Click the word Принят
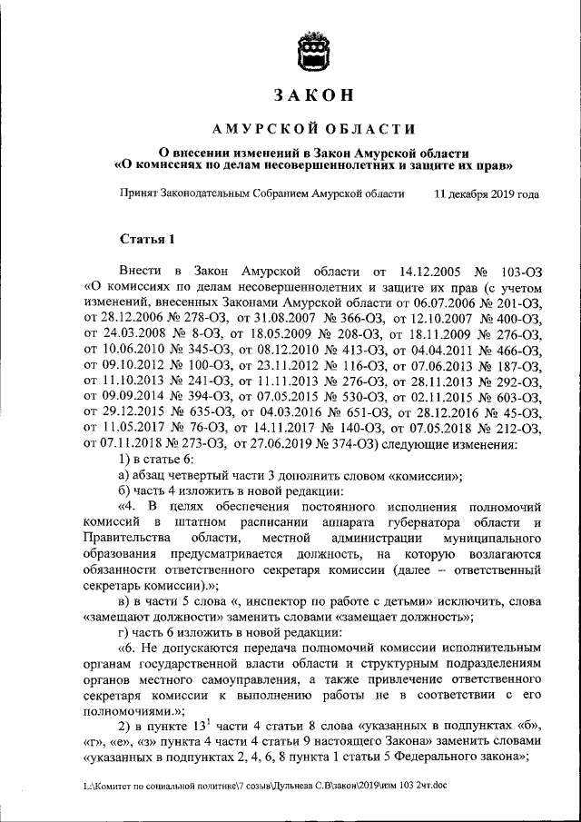139,193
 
